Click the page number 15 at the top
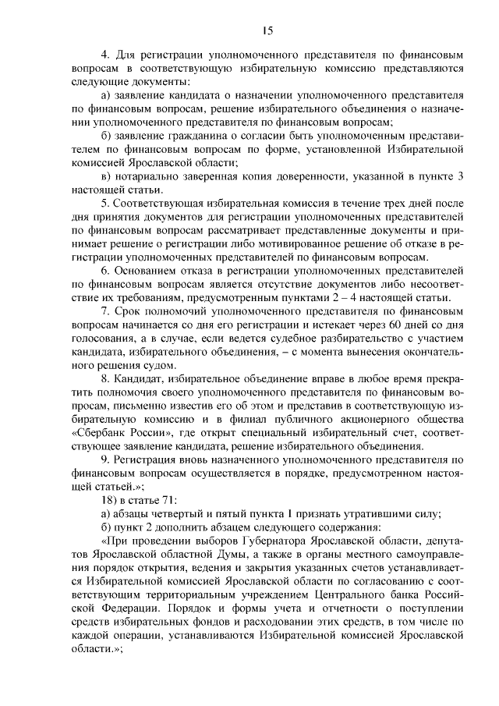tap(267, 31)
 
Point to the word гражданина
tap(189, 136)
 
